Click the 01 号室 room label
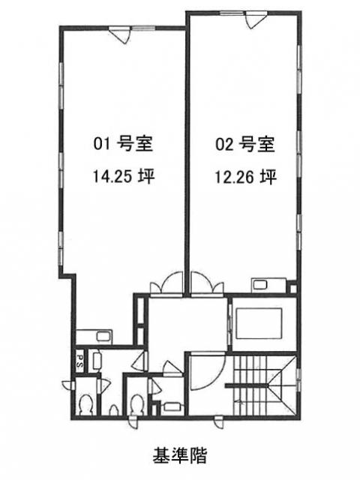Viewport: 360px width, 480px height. (123, 144)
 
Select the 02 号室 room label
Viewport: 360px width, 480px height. (245, 144)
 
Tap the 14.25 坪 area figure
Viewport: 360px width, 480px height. (124, 177)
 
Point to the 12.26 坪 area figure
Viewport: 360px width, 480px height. (246, 177)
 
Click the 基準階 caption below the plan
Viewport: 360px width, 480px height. (180, 455)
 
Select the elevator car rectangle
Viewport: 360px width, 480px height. (259, 323)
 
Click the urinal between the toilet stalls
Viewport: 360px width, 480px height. (114, 410)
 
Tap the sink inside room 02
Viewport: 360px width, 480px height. (259, 285)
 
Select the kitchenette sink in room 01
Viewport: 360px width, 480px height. (102, 337)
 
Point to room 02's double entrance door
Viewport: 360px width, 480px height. (207, 285)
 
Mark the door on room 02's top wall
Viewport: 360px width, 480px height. (255, 20)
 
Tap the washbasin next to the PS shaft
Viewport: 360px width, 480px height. (97, 361)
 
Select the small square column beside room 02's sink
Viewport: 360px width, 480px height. (293, 289)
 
